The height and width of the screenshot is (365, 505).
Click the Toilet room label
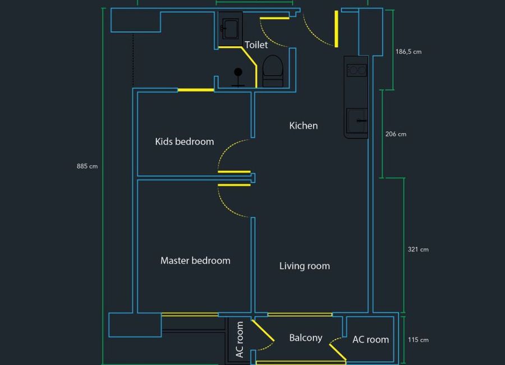point(256,45)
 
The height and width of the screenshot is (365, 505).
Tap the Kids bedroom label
point(185,142)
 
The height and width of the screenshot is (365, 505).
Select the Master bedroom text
point(195,261)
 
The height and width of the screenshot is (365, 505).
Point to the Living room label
point(304,266)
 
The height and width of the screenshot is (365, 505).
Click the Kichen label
point(304,125)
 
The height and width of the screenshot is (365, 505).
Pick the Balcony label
point(306,338)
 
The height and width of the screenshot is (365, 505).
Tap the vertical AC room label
point(240,340)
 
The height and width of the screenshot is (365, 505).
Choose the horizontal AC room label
point(371,340)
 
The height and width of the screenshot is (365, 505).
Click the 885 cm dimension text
point(87,166)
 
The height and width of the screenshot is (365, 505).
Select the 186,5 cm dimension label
point(408,52)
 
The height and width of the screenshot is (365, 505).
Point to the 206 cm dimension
point(396,134)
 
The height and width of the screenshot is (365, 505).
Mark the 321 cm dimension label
point(418,249)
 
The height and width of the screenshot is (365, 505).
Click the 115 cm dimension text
point(418,340)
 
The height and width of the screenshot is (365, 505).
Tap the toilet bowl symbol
point(273,71)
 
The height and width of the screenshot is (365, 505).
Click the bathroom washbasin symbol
point(230,29)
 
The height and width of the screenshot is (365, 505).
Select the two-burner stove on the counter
point(356,70)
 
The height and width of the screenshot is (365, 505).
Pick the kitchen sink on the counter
point(357,121)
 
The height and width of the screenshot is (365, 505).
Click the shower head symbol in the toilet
point(238,77)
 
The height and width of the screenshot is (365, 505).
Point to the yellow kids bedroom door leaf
point(234,172)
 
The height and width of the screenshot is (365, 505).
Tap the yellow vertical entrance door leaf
point(336,29)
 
